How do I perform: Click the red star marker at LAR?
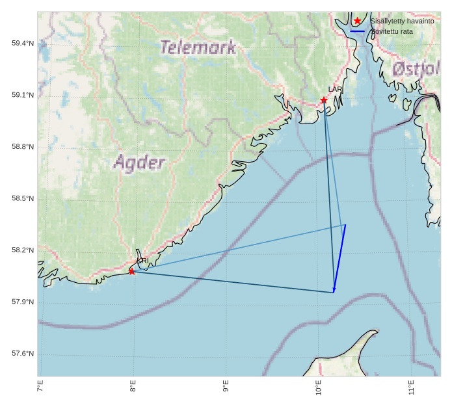[x=324, y=100]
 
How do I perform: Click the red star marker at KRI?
[x=132, y=271]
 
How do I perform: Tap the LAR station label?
[x=335, y=90]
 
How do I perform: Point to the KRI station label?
[x=143, y=261]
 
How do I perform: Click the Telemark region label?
[x=198, y=47]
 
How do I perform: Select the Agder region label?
[x=139, y=162]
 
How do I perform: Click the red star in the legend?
[x=358, y=21]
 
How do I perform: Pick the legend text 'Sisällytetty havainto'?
[x=402, y=21]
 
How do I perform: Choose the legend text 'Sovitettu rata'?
[x=392, y=31]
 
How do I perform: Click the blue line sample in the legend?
[x=358, y=31]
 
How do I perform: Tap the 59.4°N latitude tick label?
[x=23, y=44]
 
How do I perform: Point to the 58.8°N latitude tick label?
[x=23, y=147]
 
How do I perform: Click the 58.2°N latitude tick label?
[x=23, y=250]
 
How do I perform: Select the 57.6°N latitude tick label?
[x=23, y=354]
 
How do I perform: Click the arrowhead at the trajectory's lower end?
[x=334, y=290]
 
